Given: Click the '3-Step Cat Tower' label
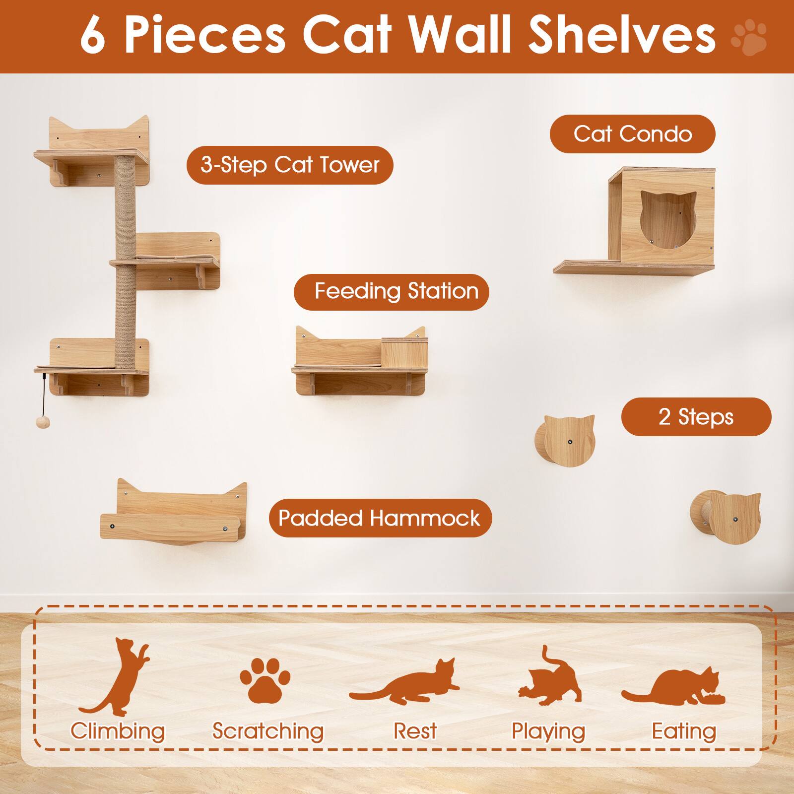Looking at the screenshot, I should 290,165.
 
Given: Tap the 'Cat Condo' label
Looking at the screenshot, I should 632,134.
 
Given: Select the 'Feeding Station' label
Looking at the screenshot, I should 392,291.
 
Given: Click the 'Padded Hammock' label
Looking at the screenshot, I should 380,518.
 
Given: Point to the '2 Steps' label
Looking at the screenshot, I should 696,417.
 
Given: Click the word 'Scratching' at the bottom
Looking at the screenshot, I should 268,731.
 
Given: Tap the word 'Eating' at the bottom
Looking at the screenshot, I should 684,731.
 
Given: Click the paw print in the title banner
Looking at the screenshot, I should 749,37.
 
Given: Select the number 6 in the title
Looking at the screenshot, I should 93,36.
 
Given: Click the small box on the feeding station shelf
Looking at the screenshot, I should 404,351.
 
